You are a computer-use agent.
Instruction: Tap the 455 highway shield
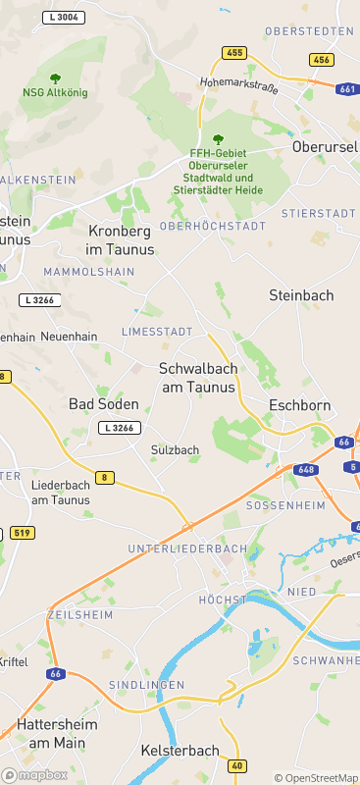click(234, 52)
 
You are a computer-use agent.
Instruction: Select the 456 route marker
click(321, 60)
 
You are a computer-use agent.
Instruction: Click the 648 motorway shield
click(307, 469)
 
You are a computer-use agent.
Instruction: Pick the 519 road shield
click(20, 533)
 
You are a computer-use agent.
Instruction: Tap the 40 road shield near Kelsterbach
click(236, 764)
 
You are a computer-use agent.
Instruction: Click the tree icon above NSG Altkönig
click(55, 78)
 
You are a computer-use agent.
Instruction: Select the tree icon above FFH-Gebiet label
click(218, 139)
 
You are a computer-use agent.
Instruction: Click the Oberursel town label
click(326, 147)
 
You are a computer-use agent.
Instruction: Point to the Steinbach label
click(301, 294)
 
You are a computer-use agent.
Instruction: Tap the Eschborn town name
click(299, 405)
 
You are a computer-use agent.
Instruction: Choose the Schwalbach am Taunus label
click(197, 378)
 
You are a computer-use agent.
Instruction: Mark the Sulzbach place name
click(176, 450)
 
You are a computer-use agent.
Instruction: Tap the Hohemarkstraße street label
click(239, 85)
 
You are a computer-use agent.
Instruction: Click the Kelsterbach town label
click(180, 751)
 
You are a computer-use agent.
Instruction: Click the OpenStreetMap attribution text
click(316, 777)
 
